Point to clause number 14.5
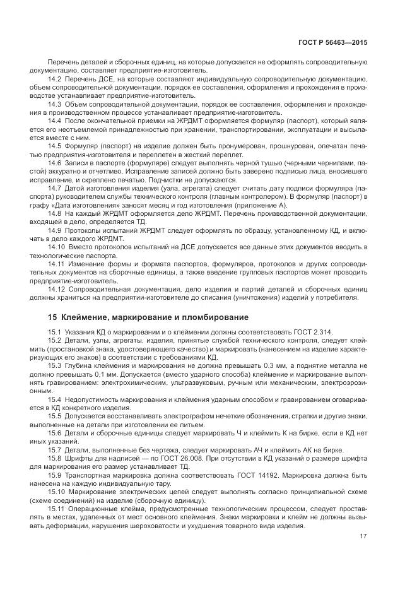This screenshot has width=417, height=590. pos(54,146)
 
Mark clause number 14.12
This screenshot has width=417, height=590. pos(56,289)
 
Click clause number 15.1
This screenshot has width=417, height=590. pos(54,332)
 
